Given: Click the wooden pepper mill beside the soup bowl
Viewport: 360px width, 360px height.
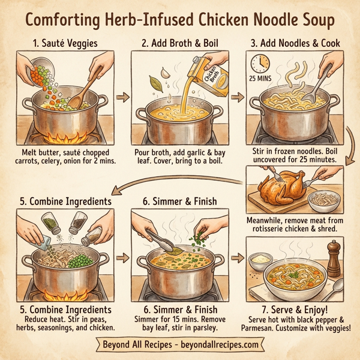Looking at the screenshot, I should [x=332, y=259].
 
